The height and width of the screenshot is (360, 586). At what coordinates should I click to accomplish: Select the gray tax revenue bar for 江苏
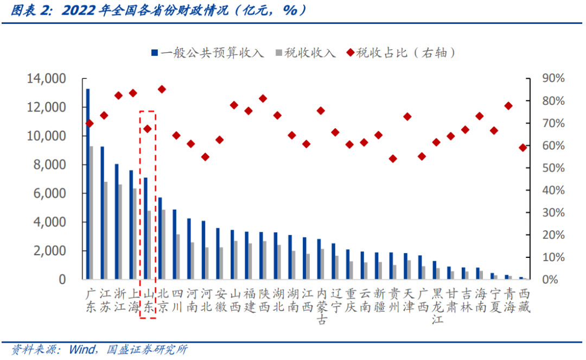click(106, 231)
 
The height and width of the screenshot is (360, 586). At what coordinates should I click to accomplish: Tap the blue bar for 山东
click(145, 229)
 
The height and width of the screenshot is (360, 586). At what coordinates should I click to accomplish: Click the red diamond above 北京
click(162, 89)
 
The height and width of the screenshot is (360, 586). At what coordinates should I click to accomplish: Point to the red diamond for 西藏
click(523, 148)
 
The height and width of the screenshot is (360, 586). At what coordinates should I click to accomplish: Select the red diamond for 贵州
click(393, 159)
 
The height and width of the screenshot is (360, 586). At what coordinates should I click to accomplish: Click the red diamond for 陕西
click(263, 98)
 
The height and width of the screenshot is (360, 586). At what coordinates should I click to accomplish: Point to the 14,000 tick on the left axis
click(46, 79)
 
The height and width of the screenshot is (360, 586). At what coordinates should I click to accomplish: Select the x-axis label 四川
click(177, 300)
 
